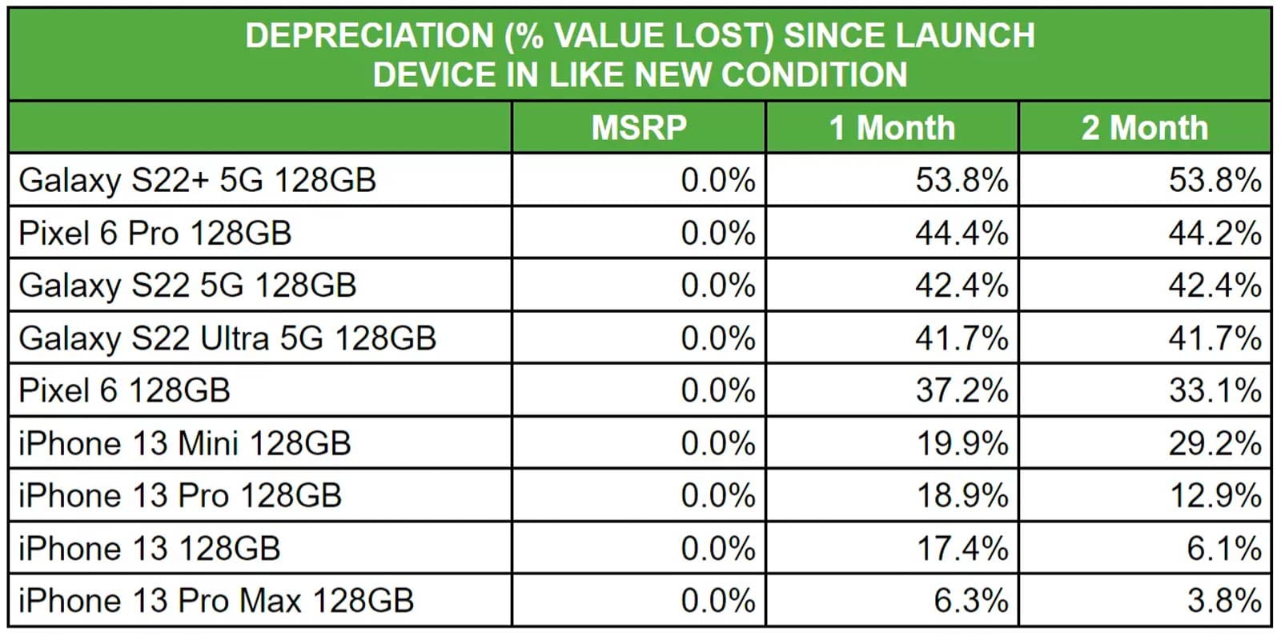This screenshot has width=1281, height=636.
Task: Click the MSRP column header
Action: coord(639,128)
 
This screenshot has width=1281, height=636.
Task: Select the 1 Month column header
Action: coord(892,128)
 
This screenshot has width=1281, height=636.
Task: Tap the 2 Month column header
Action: coord(1145,128)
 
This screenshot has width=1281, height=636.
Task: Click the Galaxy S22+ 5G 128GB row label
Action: coord(197,181)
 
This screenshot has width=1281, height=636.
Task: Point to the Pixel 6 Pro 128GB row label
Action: coord(155,234)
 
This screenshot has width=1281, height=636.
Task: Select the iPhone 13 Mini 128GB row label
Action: coord(184,443)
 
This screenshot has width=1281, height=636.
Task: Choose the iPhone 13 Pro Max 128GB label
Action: coord(216,601)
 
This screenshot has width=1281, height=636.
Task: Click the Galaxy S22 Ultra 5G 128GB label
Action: coord(227,338)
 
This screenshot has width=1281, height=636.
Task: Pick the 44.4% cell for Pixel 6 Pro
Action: coord(962,234)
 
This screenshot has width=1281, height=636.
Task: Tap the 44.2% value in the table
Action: coord(1215,234)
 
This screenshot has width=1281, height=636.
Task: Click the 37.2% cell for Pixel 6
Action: coord(962,391)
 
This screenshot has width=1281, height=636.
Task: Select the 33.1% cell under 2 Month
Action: coord(1215,391)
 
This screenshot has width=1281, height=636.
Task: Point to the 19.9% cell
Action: coord(962,443)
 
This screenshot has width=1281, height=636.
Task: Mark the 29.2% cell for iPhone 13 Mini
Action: coord(1215,443)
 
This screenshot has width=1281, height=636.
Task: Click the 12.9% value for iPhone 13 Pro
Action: coord(1215,496)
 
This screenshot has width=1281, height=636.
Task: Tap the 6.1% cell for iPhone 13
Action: coord(1223,549)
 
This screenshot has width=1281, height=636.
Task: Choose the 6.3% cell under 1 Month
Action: coord(970,601)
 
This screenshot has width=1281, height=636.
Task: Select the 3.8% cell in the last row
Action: coord(1223,601)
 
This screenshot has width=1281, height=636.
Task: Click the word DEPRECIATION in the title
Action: coord(369,36)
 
